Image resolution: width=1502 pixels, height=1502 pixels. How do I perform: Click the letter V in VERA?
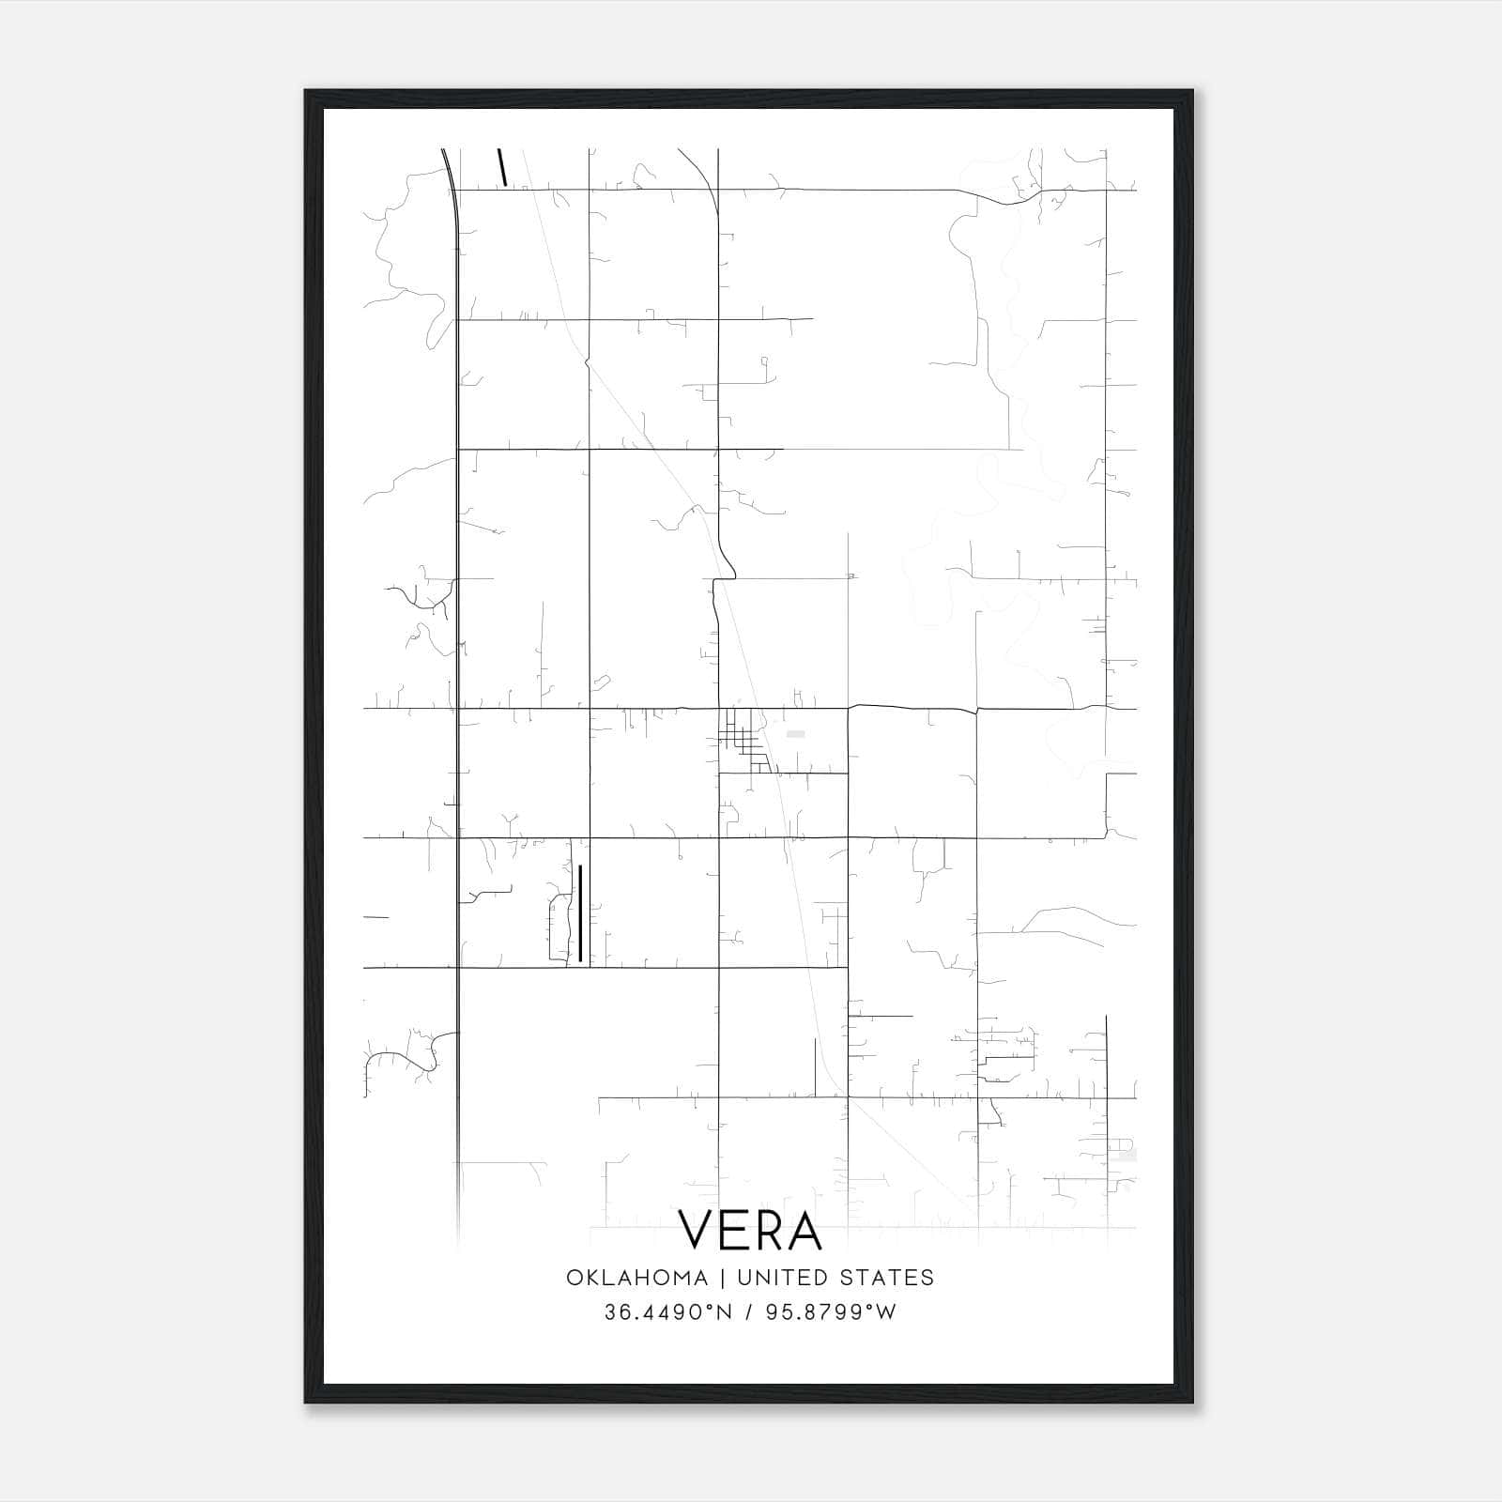699,1230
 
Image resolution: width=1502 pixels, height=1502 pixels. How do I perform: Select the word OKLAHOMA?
636,1277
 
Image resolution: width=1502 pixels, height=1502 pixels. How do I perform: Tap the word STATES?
887,1277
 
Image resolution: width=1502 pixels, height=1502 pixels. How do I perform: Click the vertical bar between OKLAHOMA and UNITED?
723,1277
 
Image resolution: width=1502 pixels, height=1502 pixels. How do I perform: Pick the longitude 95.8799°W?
831,1312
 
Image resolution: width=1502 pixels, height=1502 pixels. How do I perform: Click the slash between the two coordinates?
748,1312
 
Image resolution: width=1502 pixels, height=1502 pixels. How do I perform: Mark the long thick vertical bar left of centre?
580,912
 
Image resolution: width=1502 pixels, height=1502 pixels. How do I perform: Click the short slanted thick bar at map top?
503,167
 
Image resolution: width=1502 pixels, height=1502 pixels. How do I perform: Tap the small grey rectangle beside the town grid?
795,733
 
